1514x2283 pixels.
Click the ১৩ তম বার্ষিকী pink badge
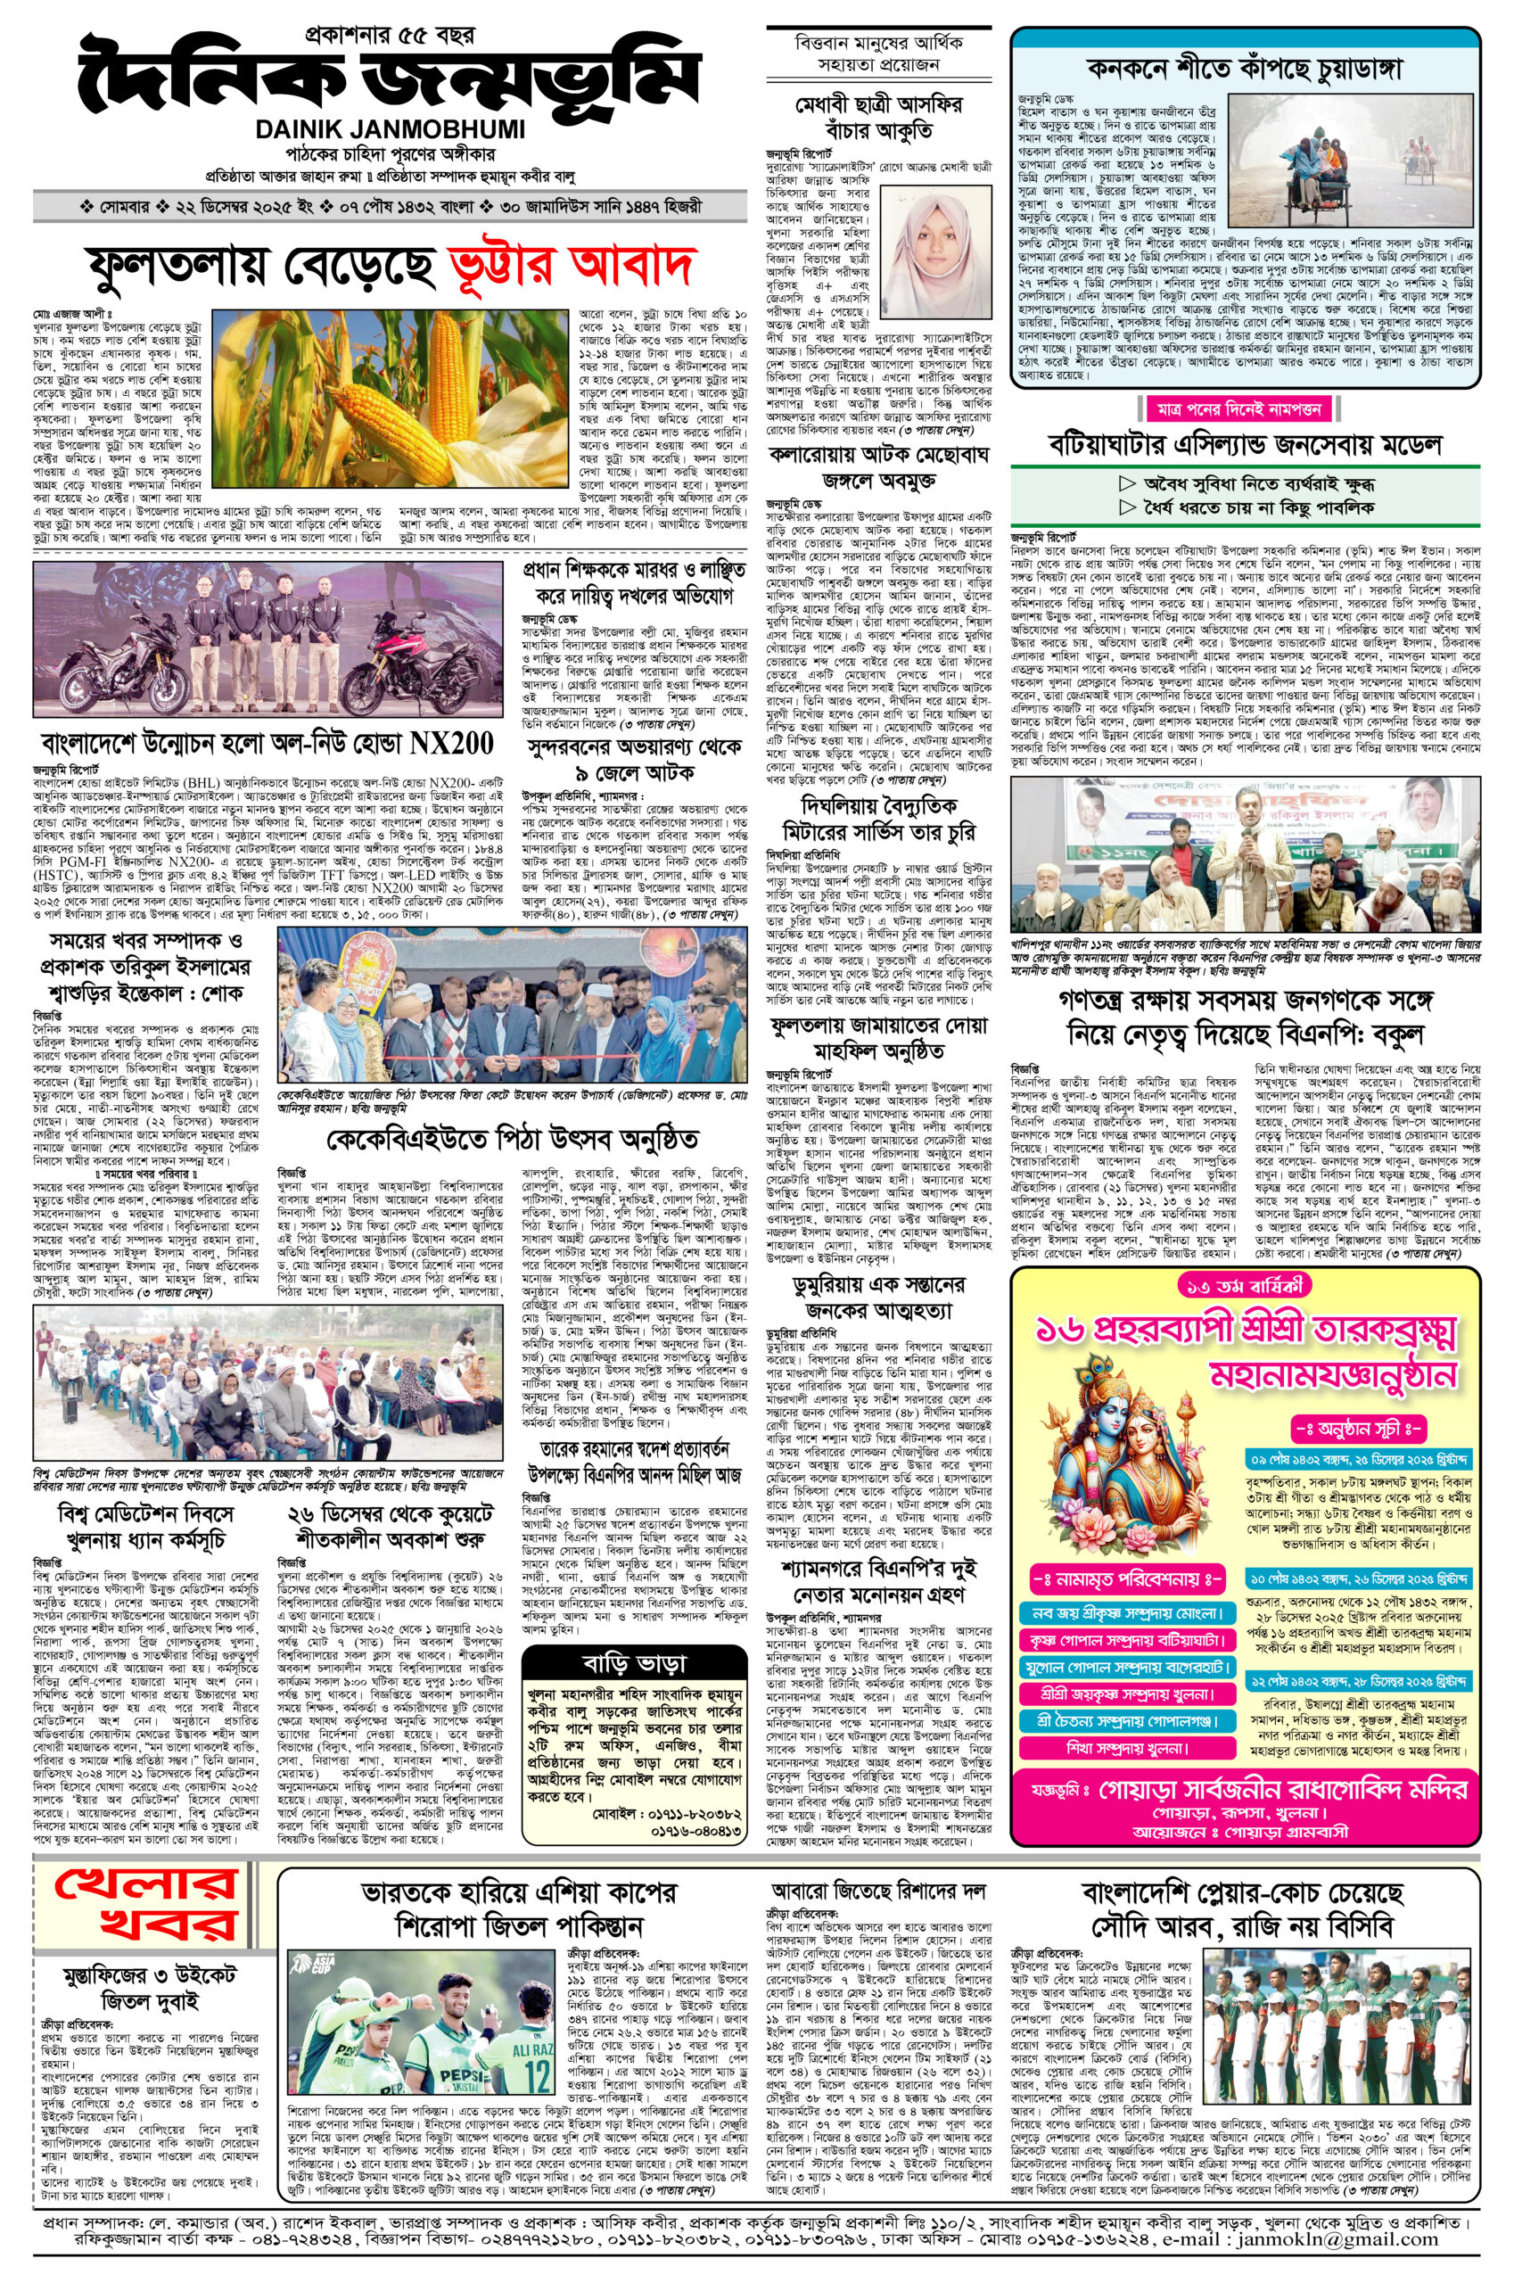pos(1245,1285)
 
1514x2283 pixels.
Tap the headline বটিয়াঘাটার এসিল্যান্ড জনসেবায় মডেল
pos(1245,445)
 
